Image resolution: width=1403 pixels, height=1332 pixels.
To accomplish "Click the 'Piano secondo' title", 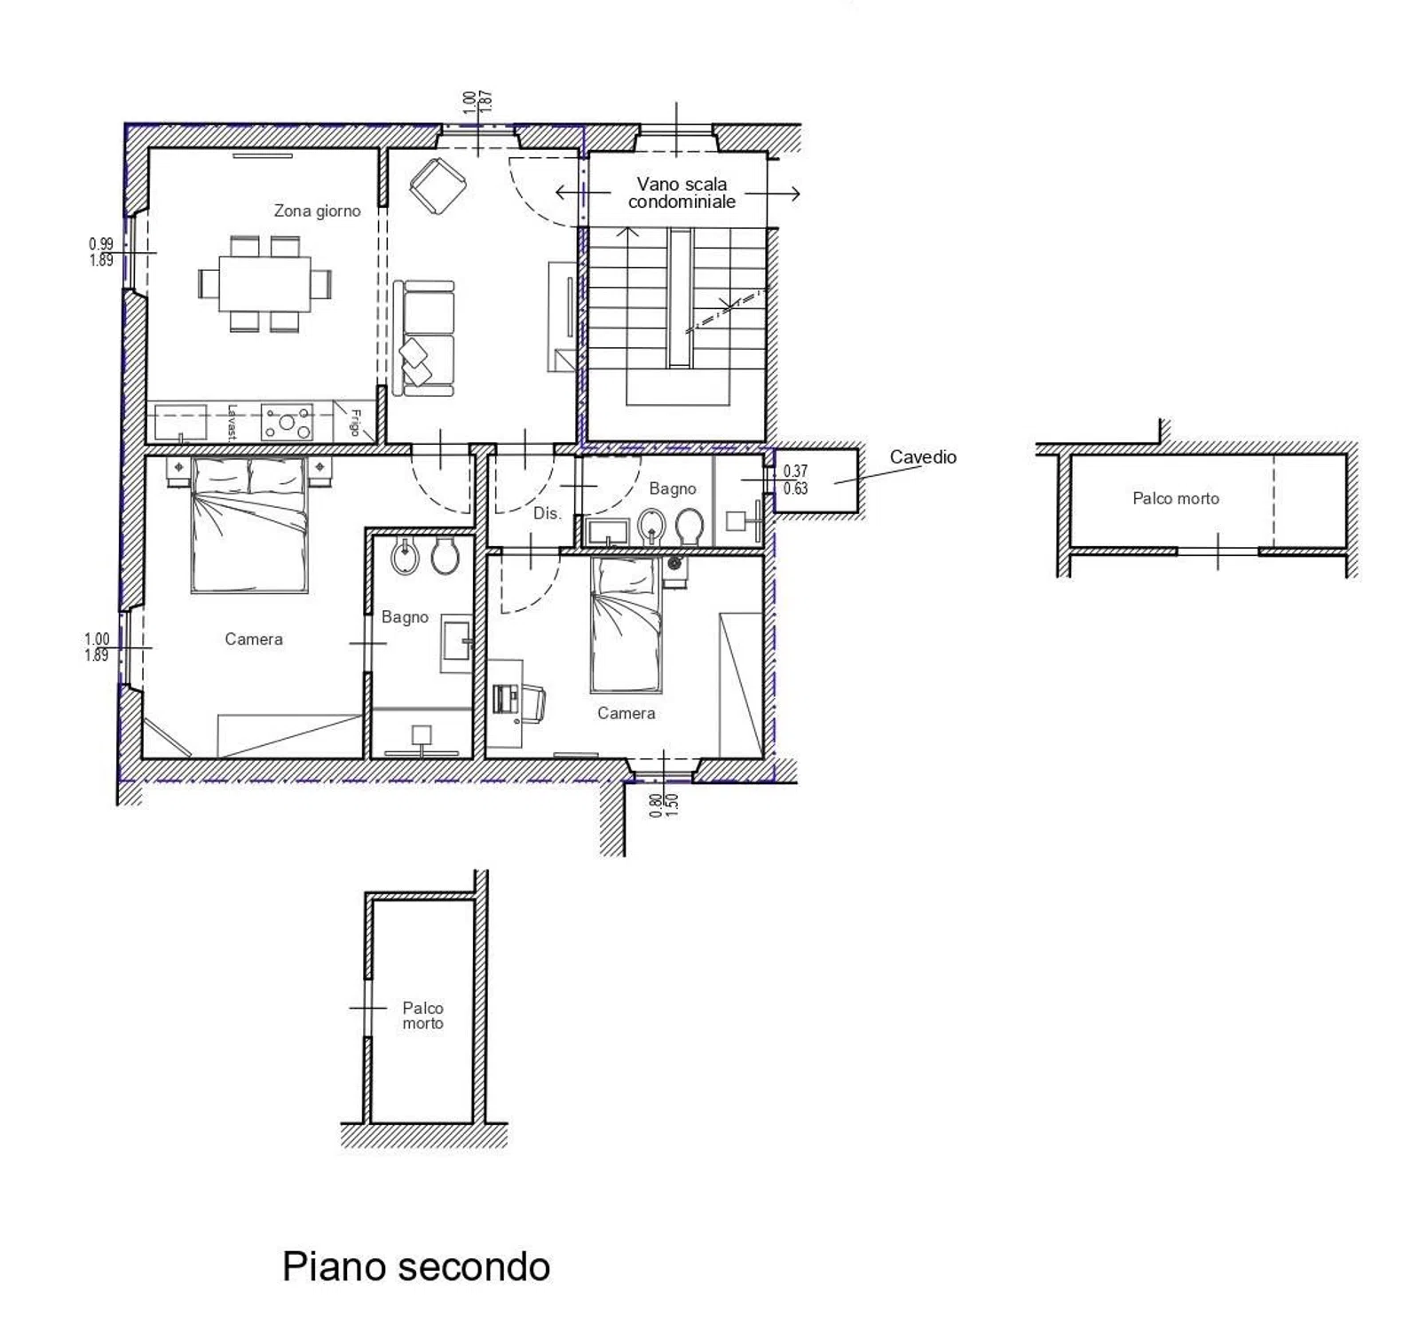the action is [415, 1266].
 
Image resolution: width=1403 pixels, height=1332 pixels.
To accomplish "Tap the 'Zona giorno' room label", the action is [317, 210].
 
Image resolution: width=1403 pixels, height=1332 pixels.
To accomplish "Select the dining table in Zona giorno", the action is [265, 284].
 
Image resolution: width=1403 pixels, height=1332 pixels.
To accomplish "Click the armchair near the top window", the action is [438, 186].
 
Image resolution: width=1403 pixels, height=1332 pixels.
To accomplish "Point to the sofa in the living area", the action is [424, 337].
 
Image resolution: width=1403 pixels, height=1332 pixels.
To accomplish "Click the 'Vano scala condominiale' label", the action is [682, 193].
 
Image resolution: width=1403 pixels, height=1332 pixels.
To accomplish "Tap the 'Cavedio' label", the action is [923, 456].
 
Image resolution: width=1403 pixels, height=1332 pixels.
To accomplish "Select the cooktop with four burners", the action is [287, 422].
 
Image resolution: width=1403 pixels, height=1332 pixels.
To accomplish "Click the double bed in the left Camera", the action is [249, 525].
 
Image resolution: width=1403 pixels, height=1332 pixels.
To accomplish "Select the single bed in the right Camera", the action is [626, 624].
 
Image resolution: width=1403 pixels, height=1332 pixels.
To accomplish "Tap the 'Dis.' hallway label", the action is [547, 513].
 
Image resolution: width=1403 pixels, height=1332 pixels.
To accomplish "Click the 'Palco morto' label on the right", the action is [1176, 498].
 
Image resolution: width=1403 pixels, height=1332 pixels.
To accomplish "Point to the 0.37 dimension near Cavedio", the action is [795, 472].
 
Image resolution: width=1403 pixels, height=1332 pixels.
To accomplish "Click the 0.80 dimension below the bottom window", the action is [656, 805].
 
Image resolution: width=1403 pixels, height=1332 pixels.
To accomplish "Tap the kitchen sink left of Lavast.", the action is [181, 422].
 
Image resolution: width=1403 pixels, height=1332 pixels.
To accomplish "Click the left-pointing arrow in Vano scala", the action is [583, 192].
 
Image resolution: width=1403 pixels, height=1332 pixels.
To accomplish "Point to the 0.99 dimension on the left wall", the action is [101, 243].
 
